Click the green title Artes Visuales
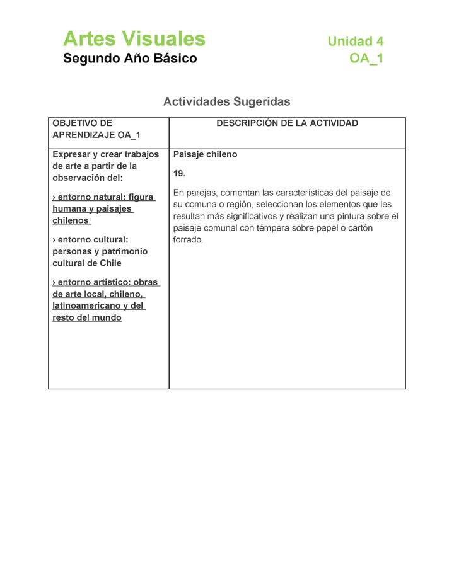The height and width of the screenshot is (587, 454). point(134,39)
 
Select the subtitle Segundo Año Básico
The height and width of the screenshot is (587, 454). point(130,59)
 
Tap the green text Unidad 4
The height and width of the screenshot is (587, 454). point(355,42)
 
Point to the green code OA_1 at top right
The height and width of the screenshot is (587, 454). point(366,59)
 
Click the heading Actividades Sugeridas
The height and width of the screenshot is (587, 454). point(226,101)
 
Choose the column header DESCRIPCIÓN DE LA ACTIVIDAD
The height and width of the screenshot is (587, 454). point(287,123)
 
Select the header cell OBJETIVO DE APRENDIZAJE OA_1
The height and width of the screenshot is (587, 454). point(96,129)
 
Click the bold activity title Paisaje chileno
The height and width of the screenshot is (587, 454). point(205,154)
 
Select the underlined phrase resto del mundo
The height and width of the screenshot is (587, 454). point(87,317)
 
